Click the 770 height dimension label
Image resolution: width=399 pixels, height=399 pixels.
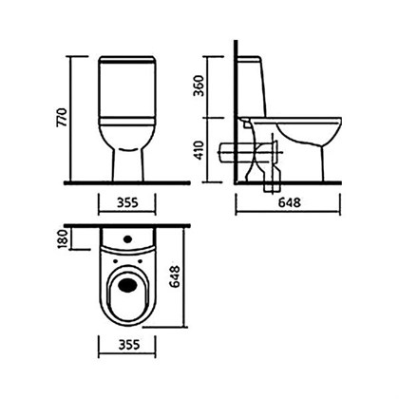click(62, 118)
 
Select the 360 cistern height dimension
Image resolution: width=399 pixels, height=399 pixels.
click(199, 85)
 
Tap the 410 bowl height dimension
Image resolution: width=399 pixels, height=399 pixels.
click(199, 150)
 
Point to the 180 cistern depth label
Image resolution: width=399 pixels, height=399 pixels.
click(63, 238)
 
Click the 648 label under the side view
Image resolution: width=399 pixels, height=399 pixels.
click(290, 202)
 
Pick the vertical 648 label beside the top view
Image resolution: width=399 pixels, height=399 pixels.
click(175, 276)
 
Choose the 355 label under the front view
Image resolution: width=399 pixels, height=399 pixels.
click(128, 202)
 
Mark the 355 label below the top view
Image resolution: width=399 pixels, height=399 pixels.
click(129, 344)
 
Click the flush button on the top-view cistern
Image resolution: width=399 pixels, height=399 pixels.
click(128, 238)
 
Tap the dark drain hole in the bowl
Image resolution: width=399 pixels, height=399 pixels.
click(127, 284)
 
